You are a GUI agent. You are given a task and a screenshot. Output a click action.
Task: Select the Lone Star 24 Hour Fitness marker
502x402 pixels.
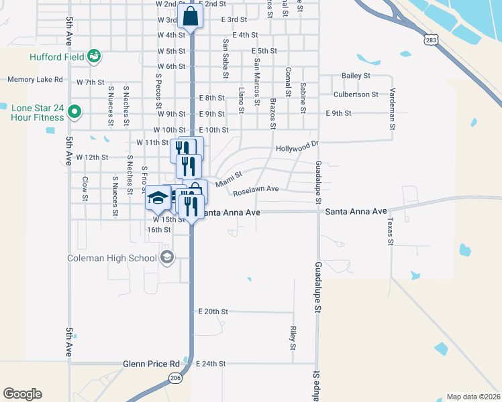pyautogui.click(x=75, y=112)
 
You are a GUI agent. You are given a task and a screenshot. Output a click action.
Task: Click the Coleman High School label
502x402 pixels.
pyautogui.click(x=112, y=258)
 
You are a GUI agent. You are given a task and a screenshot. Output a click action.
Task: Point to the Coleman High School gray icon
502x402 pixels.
pyautogui.click(x=166, y=257)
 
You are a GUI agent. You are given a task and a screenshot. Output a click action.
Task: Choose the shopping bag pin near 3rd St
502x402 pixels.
pyautogui.click(x=191, y=16)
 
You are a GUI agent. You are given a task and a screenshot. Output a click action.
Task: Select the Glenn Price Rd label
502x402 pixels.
pyautogui.click(x=151, y=364)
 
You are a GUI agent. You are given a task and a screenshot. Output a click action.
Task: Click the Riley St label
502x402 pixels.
pyautogui.click(x=293, y=338)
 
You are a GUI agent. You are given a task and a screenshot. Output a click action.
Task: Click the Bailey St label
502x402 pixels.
pyautogui.click(x=356, y=76)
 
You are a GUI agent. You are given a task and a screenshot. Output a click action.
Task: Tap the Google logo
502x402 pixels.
pyautogui.click(x=22, y=394)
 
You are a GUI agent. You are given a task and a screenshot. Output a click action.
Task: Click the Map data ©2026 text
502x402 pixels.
pyautogui.click(x=473, y=397)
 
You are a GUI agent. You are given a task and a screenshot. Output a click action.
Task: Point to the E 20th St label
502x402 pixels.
pyautogui.click(x=213, y=312)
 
